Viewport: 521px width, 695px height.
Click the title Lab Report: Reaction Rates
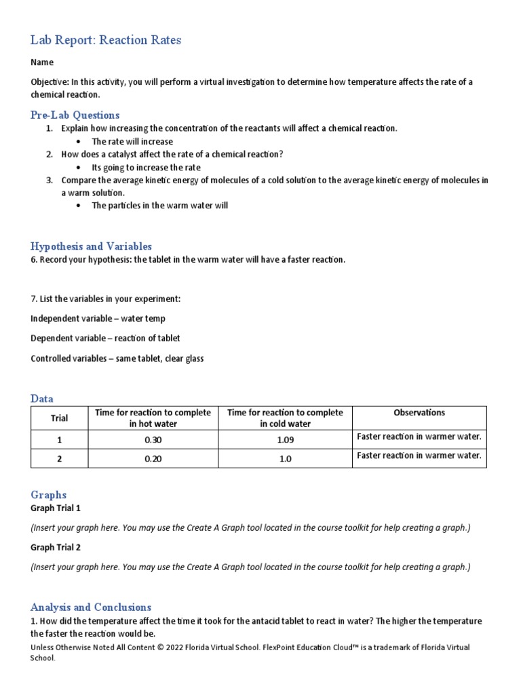click(106, 40)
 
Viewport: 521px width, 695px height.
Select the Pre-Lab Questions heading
click(75, 115)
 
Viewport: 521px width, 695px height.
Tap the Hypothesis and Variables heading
click(91, 246)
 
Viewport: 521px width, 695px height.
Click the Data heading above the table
click(42, 398)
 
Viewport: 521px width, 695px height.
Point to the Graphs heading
click(49, 495)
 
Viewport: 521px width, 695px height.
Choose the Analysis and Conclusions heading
click(91, 607)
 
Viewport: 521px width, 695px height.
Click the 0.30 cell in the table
click(153, 440)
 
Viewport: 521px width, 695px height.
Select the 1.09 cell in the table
click(285, 440)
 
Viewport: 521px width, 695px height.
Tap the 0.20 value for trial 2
click(153, 459)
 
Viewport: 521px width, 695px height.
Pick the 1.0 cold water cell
click(285, 459)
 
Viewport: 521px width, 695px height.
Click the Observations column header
click(419, 413)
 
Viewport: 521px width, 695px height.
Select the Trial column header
click(60, 418)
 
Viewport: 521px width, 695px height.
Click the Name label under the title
click(42, 62)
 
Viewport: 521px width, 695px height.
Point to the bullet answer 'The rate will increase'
click(132, 141)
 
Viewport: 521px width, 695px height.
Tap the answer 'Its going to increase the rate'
click(147, 167)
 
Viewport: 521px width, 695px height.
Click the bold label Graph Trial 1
click(56, 508)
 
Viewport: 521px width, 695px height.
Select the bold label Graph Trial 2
click(56, 547)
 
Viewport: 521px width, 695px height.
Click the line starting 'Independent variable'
click(98, 318)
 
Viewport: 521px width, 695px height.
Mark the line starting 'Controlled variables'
click(117, 358)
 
